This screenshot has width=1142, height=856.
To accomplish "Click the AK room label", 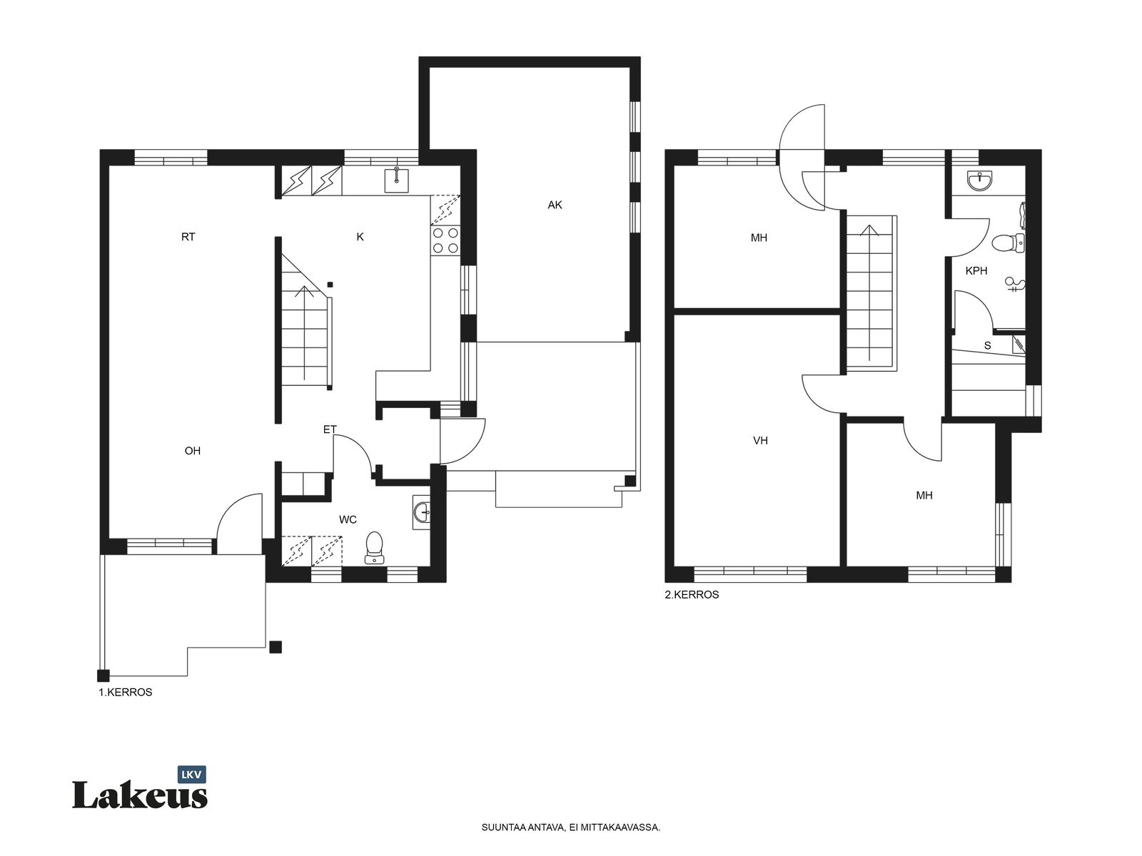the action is [x=555, y=205].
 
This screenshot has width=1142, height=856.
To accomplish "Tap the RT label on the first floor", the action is [x=188, y=237].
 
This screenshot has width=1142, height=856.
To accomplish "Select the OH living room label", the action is [x=193, y=451].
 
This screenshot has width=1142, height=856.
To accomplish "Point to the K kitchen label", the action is [x=360, y=237].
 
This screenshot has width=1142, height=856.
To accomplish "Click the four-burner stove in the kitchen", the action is [x=446, y=240].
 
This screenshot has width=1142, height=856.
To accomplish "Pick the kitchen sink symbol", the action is [x=396, y=180].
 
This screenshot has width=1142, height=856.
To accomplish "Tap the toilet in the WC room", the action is [x=374, y=547].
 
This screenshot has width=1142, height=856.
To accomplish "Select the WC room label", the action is [x=348, y=519].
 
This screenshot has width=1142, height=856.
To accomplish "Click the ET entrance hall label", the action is [x=330, y=429].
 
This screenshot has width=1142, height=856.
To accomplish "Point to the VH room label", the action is [x=760, y=441].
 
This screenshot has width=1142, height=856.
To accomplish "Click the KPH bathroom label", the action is [x=976, y=271].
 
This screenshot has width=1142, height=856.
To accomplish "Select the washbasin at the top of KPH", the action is [x=980, y=182].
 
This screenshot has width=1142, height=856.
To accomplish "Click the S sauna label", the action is [x=988, y=346].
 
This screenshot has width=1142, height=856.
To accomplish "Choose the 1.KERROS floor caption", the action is [x=126, y=692].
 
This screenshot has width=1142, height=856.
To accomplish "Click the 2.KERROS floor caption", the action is [x=692, y=595].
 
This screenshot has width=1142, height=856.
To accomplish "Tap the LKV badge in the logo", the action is [x=191, y=775].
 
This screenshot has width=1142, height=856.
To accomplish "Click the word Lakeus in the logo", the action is [x=140, y=795].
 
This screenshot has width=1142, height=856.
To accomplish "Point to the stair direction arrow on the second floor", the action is [x=869, y=292].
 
